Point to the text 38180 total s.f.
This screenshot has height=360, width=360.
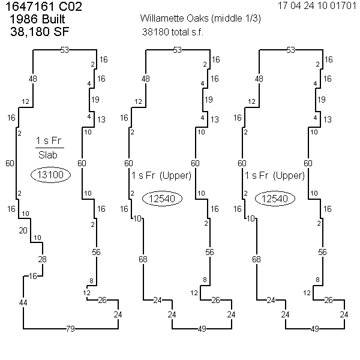[x=173, y=31]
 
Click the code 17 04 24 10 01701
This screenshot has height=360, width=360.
[x=317, y=6]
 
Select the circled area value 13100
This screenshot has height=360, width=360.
[x=52, y=175]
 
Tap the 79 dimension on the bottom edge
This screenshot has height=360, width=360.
[x=70, y=328]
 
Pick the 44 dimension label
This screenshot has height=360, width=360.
[x=23, y=302]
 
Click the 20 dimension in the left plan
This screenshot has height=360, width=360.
[x=23, y=231]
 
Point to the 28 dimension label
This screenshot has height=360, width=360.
[x=42, y=259]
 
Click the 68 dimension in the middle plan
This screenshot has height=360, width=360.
[x=143, y=259]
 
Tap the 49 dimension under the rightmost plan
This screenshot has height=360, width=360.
[x=315, y=328]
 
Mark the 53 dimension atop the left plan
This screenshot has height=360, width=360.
[x=65, y=50]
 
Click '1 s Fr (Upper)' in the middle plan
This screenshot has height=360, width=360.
[x=161, y=176]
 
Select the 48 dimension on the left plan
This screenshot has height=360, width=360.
[x=32, y=79]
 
